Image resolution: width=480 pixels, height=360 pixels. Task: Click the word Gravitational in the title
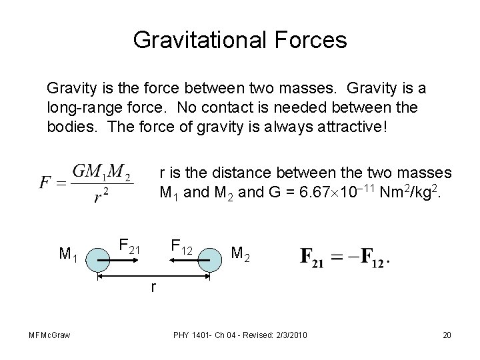[193, 39]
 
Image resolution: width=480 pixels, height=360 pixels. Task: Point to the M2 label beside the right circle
[241, 253]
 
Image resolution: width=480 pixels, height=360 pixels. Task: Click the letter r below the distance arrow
[154, 287]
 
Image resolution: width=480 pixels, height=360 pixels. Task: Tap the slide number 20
[447, 334]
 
